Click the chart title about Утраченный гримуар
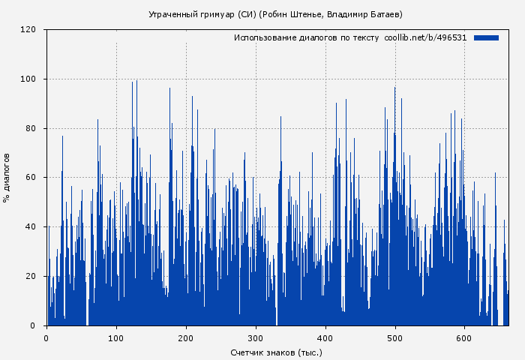pos(275,14)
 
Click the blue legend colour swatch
pos(486,37)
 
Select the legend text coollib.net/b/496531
pos(425,37)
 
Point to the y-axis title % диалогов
pos(7,178)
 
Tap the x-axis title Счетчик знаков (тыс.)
pos(276,352)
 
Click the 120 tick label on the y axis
pos(28,30)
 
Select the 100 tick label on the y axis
pos(28,79)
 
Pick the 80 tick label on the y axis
pos(31,128)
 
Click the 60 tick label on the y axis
pos(31,178)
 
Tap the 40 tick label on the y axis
pos(31,227)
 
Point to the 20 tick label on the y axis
pos(31,276)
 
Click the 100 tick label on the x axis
pos(116,338)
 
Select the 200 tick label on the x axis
pos(186,338)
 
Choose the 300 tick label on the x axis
pos(256,338)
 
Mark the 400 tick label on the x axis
pos(325,338)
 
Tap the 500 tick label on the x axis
pos(395,338)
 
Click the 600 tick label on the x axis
pos(465,338)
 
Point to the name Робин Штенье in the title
pos(301,14)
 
